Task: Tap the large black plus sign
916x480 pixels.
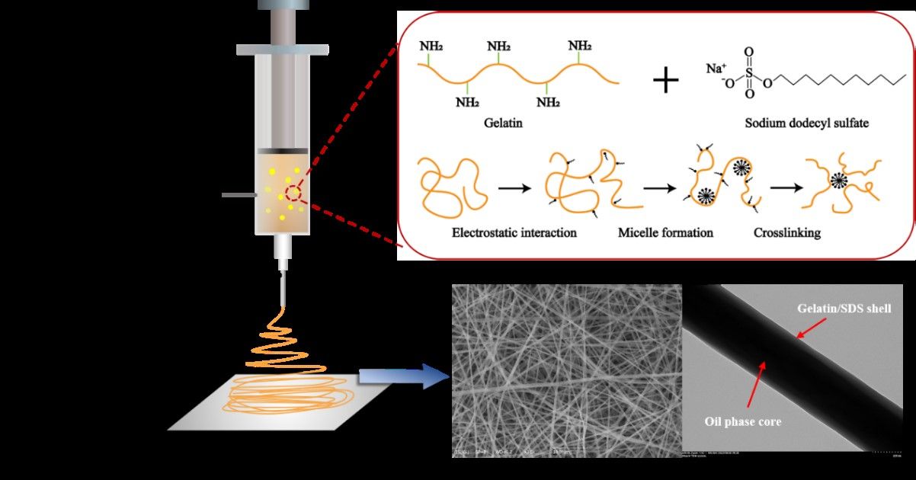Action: tap(666, 79)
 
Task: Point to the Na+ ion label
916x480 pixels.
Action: tap(716, 69)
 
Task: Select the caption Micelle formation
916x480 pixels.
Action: tap(665, 232)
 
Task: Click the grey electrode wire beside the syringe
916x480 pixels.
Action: tap(237, 195)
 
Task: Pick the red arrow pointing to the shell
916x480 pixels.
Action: tap(811, 329)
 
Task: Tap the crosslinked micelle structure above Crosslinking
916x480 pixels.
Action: tap(838, 181)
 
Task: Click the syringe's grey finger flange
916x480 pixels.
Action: tap(282, 50)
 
